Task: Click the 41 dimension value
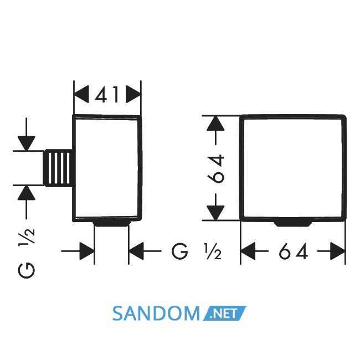point(107,94)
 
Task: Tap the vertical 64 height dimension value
point(215,168)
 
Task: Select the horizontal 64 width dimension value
point(293,251)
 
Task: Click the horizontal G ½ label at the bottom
point(197,251)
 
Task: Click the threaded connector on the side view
point(58,168)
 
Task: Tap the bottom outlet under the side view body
point(111,224)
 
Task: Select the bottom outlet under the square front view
point(293,224)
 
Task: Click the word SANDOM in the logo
point(156,313)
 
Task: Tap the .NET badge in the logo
point(224,313)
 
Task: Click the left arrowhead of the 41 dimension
point(81,94)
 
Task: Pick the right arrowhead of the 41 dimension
point(133,94)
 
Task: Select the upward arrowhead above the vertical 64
point(215,124)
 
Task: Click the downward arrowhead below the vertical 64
point(215,213)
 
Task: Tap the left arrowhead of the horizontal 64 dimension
point(248,251)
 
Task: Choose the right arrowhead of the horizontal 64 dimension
point(338,251)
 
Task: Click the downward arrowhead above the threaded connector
point(27,143)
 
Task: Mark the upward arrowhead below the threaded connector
point(27,192)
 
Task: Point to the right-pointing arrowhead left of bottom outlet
point(87,251)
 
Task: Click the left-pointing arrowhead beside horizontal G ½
point(136,251)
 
